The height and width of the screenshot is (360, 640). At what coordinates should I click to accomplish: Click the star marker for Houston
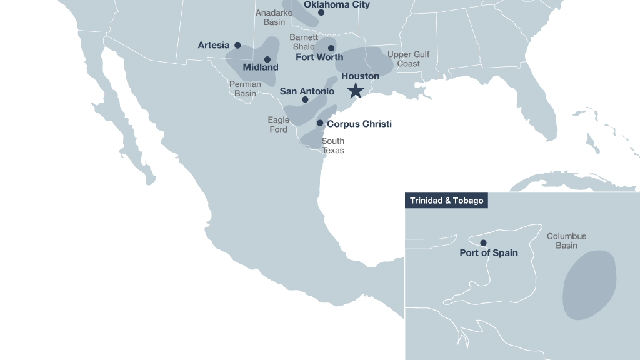point(356,91)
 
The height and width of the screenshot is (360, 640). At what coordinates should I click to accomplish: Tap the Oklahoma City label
point(336,4)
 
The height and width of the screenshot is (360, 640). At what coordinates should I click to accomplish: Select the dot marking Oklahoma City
point(321,12)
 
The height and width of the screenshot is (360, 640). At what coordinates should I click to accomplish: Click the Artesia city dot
point(237,46)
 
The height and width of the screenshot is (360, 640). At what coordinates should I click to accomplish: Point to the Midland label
point(261,67)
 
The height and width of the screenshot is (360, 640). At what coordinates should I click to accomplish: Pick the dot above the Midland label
point(267,59)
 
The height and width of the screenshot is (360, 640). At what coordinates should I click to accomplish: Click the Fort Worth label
point(319,57)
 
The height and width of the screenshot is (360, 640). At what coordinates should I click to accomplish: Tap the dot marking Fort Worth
point(331,48)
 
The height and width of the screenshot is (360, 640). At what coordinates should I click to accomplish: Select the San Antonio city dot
point(305,99)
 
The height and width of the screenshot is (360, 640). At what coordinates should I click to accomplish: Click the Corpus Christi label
point(359,124)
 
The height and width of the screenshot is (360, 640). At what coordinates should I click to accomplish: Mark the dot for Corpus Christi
point(320,123)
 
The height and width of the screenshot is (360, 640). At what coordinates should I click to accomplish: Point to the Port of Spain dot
point(483,242)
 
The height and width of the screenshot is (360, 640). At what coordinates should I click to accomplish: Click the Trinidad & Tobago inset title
point(446,201)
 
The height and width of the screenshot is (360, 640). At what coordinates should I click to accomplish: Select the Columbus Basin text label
point(566,241)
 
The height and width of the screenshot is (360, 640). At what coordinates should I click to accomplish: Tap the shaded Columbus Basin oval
point(589,285)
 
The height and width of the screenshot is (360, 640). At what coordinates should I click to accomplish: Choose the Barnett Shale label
point(304,42)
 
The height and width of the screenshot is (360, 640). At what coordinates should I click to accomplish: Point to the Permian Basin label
point(245,88)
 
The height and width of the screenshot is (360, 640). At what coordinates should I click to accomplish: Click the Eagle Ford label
point(279,124)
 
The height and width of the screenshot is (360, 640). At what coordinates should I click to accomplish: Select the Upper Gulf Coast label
point(408,59)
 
